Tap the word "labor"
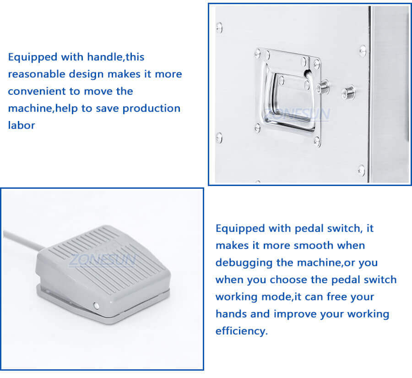pyautogui.click(x=21, y=125)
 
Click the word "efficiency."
pyautogui.click(x=241, y=331)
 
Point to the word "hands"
pyautogui.click(x=231, y=314)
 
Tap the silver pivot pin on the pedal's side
pyautogui.click(x=97, y=306)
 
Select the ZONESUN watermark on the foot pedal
pyautogui.click(x=102, y=260)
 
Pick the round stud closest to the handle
pyautogui.click(x=324, y=86)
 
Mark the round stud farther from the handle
pyautogui.click(x=349, y=92)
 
